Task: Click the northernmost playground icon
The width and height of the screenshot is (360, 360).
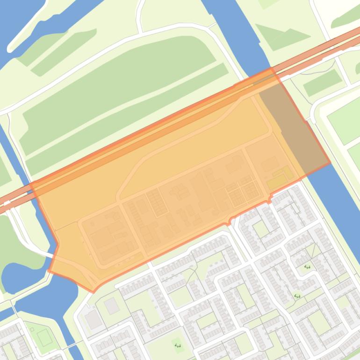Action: pos(307,267)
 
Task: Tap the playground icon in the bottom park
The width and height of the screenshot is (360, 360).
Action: pos(177,346)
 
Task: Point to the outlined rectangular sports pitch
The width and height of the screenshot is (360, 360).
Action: pos(45,337)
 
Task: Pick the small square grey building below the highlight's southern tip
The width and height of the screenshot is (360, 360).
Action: pos(111,306)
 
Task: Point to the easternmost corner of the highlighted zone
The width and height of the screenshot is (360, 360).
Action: pos(330,163)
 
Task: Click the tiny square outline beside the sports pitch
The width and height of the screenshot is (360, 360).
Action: pos(32,330)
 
